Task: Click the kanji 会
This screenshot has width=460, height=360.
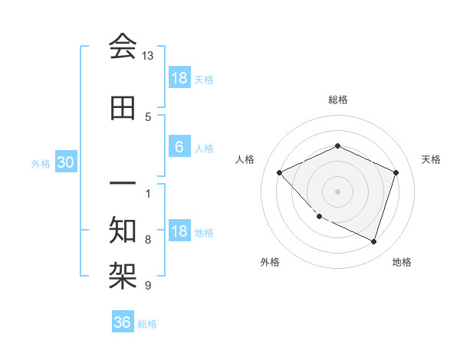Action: point(123,47)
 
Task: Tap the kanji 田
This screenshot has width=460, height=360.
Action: point(123,109)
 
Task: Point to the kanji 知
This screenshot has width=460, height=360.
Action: point(123,229)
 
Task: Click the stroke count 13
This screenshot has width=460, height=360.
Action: point(148,56)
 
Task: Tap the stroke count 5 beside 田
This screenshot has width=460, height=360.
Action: point(148,116)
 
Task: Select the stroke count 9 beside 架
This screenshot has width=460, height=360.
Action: point(148,286)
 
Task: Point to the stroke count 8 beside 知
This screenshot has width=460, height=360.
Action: point(148,239)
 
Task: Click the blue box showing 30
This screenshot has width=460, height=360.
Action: point(65,162)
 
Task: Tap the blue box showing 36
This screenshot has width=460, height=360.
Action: point(123,322)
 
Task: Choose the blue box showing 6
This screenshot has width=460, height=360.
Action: point(179,147)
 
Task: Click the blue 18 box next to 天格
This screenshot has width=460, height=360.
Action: point(179,78)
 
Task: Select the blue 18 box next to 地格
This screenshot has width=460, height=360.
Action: point(179,232)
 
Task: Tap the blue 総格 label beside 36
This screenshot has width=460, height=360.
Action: point(148,324)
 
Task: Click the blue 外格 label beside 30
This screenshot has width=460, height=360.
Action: point(41,163)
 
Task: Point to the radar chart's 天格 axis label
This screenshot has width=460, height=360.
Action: point(432,159)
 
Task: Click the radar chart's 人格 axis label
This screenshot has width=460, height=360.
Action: point(245,159)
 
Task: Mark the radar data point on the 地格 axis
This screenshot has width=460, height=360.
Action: point(373,241)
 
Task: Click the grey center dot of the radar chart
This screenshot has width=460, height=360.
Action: point(337,191)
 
